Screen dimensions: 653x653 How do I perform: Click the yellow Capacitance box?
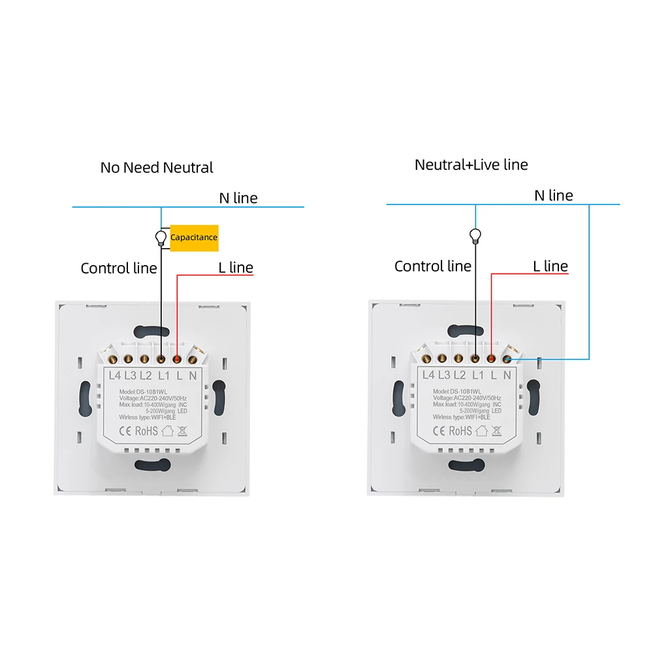coord(194,238)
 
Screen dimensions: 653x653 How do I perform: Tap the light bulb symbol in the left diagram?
coord(161,238)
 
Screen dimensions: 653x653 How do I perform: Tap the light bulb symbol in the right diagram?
coord(475,236)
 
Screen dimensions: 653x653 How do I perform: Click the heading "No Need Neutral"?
coord(157,167)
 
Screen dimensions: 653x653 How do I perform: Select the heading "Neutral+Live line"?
coord(471,165)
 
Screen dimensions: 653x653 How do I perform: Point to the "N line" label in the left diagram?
coord(238,198)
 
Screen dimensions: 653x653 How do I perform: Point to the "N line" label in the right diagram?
coord(554,195)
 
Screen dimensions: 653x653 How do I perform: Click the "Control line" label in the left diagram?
coord(119,268)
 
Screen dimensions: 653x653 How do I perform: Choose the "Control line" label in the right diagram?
coord(433,266)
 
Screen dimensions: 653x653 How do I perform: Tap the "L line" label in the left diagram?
coord(236,267)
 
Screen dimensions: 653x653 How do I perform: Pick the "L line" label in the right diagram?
coord(550,266)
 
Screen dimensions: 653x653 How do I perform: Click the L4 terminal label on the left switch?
coord(114,375)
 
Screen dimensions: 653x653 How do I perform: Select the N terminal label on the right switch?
coord(507,375)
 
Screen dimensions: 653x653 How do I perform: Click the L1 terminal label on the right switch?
coord(478,375)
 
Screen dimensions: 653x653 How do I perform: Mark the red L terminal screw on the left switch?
coord(177,359)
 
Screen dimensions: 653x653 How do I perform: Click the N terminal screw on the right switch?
coord(507,359)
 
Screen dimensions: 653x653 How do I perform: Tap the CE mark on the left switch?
coord(125,430)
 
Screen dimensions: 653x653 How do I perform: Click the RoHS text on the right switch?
coord(460,430)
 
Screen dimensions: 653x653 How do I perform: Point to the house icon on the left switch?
coord(167,430)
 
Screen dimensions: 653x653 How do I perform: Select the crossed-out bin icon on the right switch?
coord(496,430)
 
